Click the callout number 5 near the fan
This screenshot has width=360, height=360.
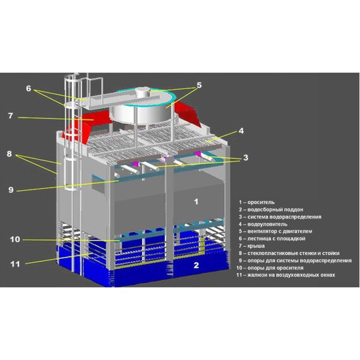point(199,85)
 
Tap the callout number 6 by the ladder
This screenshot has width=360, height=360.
point(28,88)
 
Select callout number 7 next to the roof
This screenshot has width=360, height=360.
point(11,116)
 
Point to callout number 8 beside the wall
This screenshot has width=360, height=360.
point(9,153)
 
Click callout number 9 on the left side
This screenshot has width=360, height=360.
point(11,190)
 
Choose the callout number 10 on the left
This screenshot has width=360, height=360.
point(15,239)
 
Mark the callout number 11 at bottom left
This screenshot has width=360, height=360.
point(15,264)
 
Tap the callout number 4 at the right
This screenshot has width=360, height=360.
point(241,131)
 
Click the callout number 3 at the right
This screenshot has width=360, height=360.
point(246,157)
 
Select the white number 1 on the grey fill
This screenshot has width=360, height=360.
point(196,201)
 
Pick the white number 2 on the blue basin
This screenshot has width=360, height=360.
point(196,265)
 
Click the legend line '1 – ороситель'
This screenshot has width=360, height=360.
point(256,202)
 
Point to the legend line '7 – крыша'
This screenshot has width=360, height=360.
point(251,246)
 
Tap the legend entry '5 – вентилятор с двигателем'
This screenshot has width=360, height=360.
point(275,231)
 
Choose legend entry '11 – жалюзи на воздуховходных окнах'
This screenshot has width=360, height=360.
point(286,275)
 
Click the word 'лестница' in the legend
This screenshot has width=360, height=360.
point(258,239)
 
